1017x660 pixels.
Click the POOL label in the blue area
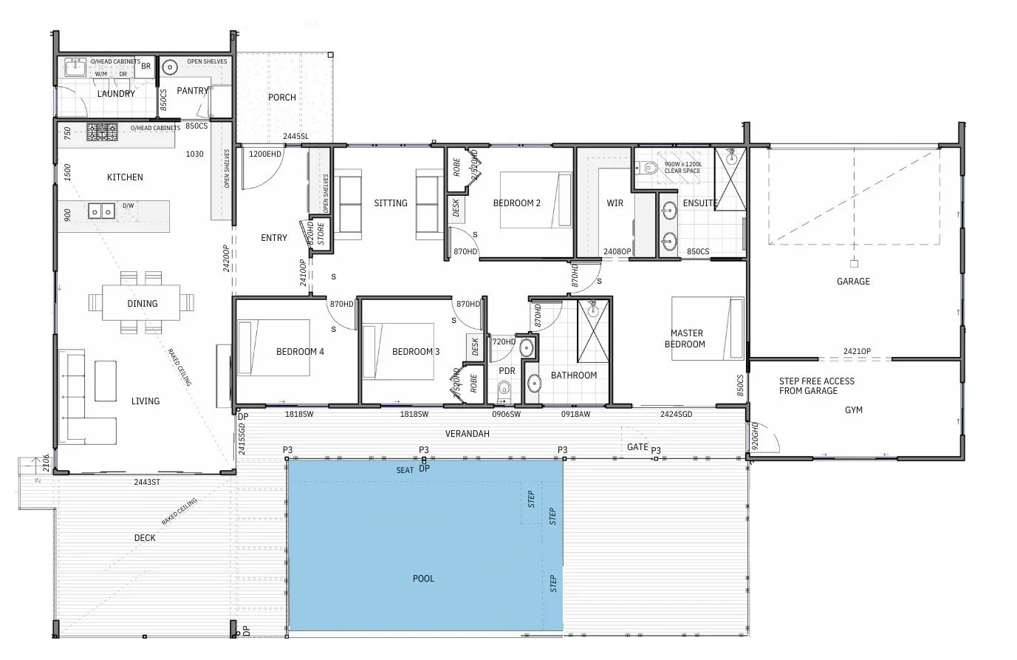coord(423,579)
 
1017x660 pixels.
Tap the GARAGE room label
coord(853,282)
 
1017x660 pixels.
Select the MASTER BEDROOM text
coord(685,338)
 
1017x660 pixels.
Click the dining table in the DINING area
coord(142,303)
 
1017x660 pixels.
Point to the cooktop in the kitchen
coord(102,132)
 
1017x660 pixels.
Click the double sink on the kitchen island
coord(101,211)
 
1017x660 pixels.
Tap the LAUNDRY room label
coord(116,94)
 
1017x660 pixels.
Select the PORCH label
coord(282,98)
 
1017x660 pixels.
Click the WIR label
coord(614,203)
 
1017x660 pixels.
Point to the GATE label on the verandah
coord(637,447)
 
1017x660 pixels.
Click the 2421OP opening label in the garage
coord(857,352)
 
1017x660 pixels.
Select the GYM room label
coord(853,410)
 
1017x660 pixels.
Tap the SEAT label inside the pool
coord(405,470)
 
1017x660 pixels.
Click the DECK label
coord(145,538)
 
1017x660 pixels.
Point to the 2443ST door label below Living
coord(146,483)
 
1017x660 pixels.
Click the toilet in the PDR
coord(504,389)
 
